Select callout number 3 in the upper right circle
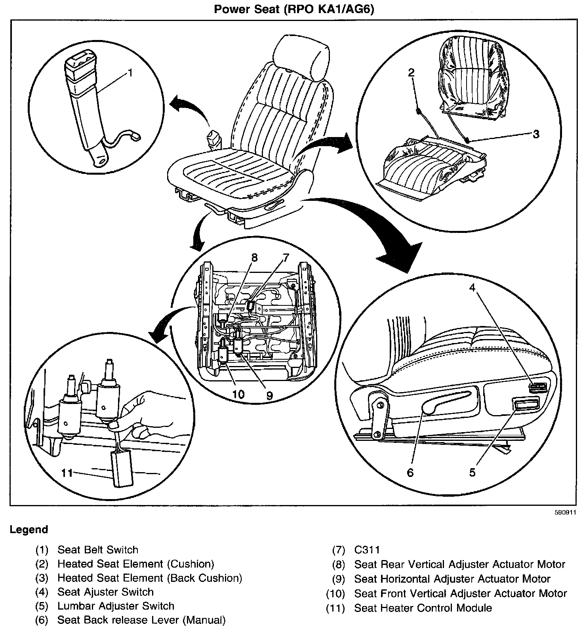click(535, 134)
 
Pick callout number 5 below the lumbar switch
click(472, 472)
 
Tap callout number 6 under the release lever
click(410, 472)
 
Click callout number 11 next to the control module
click(67, 473)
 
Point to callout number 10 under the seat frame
click(238, 394)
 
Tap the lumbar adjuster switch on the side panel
click(525, 404)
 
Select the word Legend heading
click(29, 530)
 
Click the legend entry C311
click(367, 550)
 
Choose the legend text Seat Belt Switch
click(98, 550)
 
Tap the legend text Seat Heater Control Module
click(423, 608)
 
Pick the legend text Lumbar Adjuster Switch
click(116, 606)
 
